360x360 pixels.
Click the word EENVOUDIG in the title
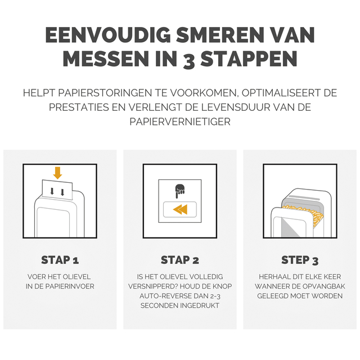[x=108, y=35]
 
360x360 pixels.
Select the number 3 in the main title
[x=189, y=60]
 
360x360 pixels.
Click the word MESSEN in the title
[x=106, y=58]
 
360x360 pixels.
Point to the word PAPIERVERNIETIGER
[x=180, y=121]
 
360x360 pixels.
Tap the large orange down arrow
[x=57, y=173]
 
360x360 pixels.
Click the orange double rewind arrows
[x=180, y=209]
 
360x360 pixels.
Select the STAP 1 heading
[x=60, y=260]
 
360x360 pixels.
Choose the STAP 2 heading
[x=180, y=260]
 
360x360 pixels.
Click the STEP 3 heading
[x=300, y=260]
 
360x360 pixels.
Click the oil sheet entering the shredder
[x=57, y=190]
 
